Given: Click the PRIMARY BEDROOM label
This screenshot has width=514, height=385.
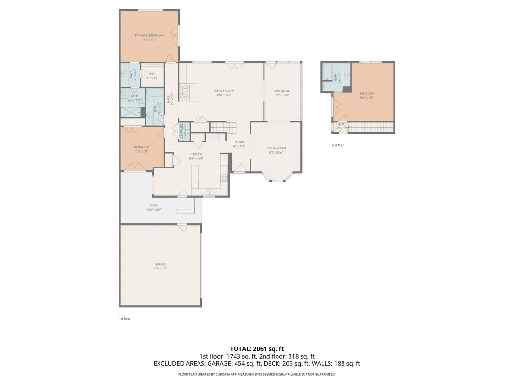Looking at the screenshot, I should [x=149, y=35].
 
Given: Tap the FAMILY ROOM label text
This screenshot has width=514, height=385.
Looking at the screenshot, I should [x=224, y=90].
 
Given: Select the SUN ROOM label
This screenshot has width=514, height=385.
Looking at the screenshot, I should [x=282, y=91].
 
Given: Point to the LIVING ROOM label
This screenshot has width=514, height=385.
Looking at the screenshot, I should [x=276, y=148].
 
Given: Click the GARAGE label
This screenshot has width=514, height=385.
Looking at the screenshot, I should [x=160, y=264].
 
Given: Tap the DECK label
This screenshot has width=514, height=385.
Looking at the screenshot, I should [x=154, y=205].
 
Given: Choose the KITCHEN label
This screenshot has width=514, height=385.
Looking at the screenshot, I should [x=196, y=154].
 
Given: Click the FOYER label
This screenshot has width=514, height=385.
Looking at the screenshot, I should [x=239, y=142].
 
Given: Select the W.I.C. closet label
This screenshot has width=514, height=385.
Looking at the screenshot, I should [x=152, y=74].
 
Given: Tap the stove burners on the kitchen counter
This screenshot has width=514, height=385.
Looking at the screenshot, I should [x=224, y=178].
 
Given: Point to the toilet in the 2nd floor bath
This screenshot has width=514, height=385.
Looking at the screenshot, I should [x=327, y=87].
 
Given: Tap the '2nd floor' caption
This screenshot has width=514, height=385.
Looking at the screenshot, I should [x=338, y=145].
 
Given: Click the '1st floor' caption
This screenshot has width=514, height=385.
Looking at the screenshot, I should [x=125, y=318].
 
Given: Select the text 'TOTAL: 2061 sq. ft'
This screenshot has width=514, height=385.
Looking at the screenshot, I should [x=257, y=348].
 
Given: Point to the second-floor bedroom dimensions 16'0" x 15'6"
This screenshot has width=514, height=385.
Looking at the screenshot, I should [x=368, y=98].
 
